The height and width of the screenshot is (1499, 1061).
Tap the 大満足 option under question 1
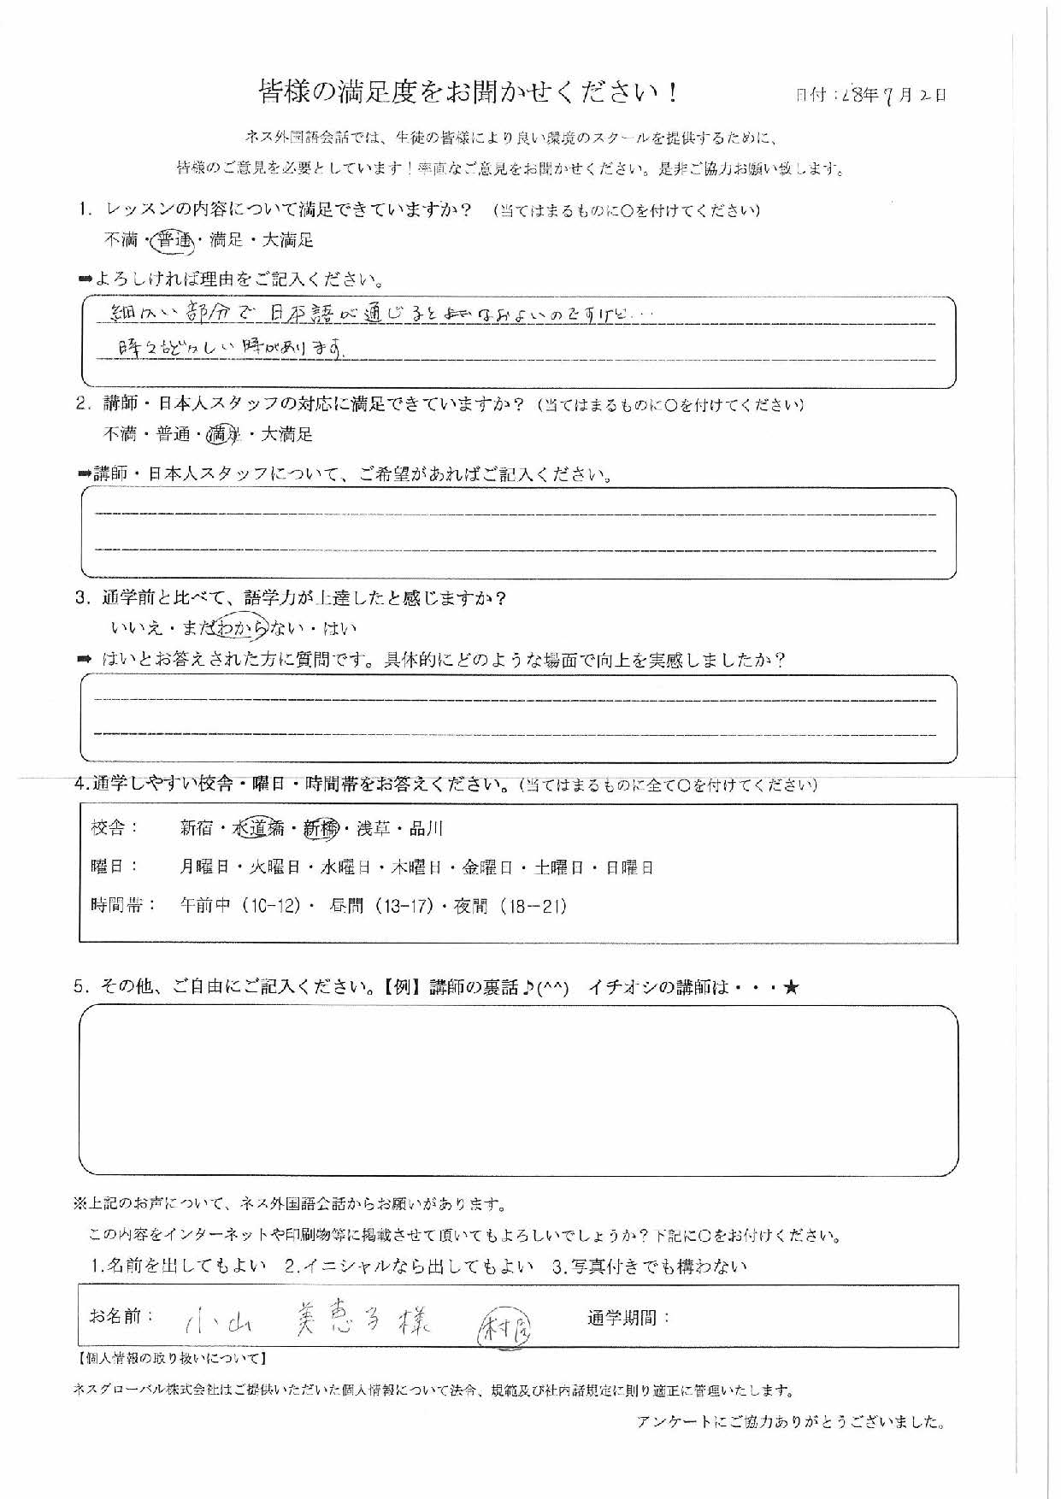tap(287, 242)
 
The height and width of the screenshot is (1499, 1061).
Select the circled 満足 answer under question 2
tap(221, 435)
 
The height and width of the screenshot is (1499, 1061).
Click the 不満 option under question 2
tap(120, 435)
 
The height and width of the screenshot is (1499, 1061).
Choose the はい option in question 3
tap(339, 629)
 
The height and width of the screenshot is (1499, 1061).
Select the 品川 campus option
tap(426, 828)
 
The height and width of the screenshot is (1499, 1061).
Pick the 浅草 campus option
tap(374, 828)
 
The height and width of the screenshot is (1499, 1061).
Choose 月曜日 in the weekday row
tap(204, 868)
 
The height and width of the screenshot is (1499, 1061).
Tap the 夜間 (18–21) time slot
tap(510, 907)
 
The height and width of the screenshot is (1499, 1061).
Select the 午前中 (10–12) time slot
tap(240, 907)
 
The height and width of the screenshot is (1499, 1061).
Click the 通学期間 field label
tap(628, 1318)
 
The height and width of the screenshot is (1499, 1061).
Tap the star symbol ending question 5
tap(791, 988)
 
